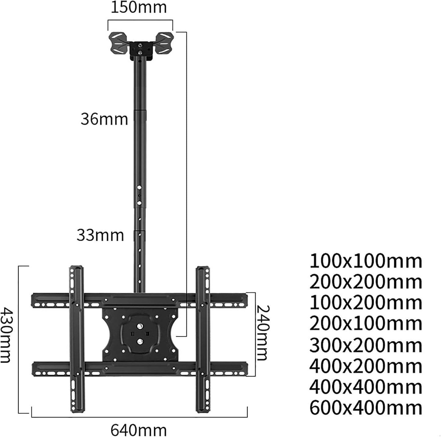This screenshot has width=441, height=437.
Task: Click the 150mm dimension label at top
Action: point(139,8)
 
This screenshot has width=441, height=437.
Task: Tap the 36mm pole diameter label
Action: point(104,119)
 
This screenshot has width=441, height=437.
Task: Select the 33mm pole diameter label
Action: point(100,235)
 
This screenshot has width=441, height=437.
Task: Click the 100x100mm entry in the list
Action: point(366,261)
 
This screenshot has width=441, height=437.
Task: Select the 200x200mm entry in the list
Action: point(366,282)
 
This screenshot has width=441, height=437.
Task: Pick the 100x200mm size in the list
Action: point(366,303)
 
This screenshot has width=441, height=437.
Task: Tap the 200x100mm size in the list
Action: point(366,324)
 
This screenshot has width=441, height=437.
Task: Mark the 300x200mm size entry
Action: point(366,345)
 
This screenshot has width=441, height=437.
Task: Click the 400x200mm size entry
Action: point(366,366)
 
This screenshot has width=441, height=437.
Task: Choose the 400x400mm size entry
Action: point(366,387)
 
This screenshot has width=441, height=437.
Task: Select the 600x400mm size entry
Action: point(366,408)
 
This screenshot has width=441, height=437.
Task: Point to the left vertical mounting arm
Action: point(76,338)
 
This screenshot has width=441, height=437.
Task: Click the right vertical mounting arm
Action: point(203,338)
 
